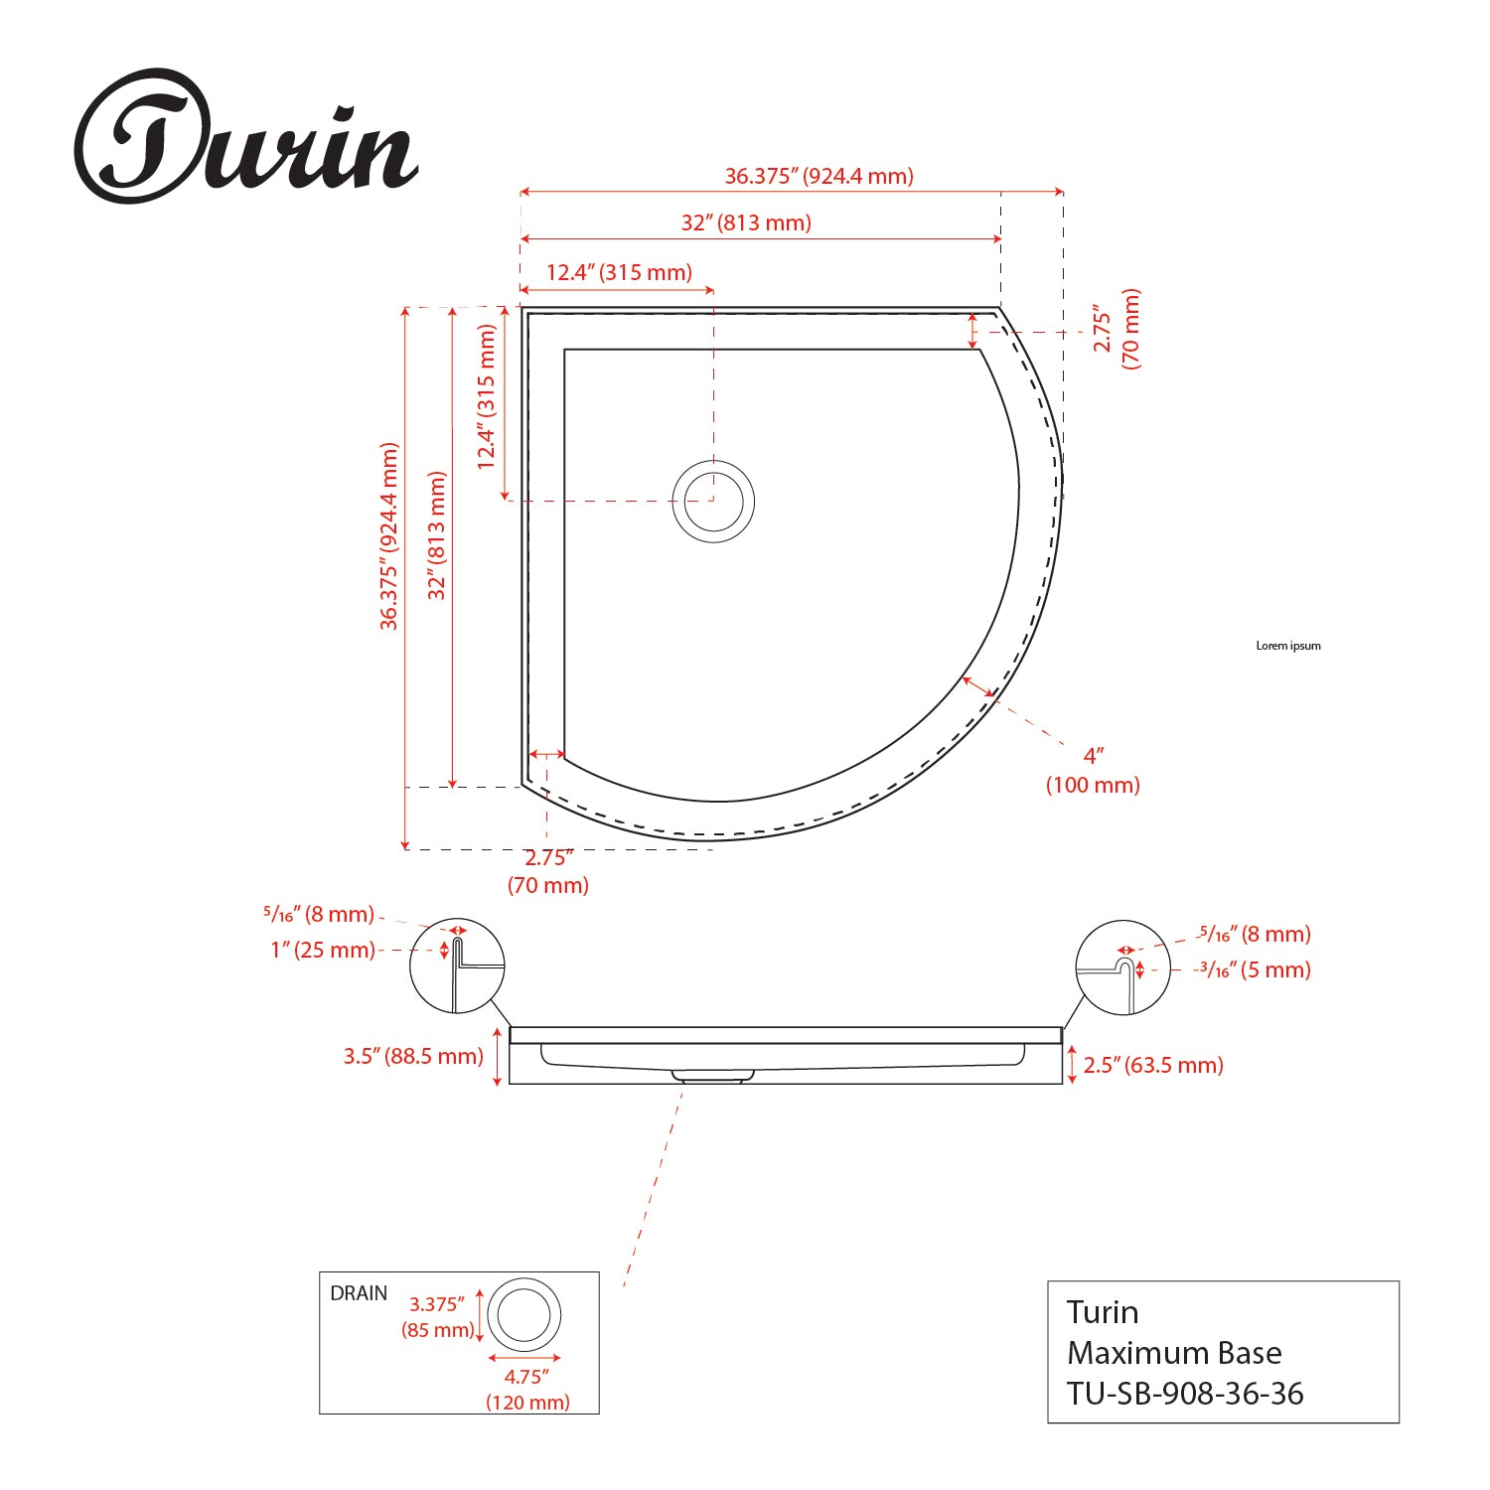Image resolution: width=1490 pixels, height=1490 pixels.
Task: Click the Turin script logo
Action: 245,139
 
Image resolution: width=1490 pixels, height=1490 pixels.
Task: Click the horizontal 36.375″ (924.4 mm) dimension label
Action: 819,177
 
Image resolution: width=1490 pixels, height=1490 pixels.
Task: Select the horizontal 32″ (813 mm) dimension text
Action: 746,223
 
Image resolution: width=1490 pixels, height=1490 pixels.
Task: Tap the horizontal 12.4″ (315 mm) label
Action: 619,272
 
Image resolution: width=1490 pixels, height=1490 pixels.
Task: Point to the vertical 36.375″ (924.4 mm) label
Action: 389,536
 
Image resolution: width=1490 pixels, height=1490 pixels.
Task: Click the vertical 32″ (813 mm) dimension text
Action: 437,535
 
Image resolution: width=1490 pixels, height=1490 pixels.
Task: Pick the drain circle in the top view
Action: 713,501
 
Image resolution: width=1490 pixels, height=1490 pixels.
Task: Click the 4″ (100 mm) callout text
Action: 1093,770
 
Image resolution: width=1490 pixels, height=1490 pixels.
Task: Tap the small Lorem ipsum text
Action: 1288,646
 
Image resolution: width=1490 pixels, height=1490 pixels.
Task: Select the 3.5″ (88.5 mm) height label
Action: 413,1056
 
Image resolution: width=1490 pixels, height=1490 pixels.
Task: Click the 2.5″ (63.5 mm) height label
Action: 1153,1065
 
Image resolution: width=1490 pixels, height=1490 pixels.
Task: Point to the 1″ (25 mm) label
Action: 323,950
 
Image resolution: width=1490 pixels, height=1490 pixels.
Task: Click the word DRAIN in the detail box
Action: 359,1293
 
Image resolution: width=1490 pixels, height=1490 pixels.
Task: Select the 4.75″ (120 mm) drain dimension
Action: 527,1389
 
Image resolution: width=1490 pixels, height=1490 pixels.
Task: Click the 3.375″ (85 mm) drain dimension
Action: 438,1317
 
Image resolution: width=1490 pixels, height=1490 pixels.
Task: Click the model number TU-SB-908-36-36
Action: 1185,1394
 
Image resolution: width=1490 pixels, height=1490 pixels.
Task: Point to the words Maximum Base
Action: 1174,1353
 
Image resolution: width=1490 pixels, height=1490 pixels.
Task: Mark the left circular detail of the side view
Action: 457,967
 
